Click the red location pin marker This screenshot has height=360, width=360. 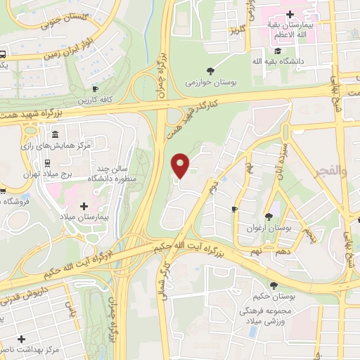[181, 165]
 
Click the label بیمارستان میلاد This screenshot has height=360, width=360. [84, 219]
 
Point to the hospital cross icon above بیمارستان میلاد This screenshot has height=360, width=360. [84, 206]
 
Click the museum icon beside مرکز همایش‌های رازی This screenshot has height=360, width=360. [55, 135]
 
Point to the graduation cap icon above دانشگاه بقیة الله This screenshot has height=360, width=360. [278, 51]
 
